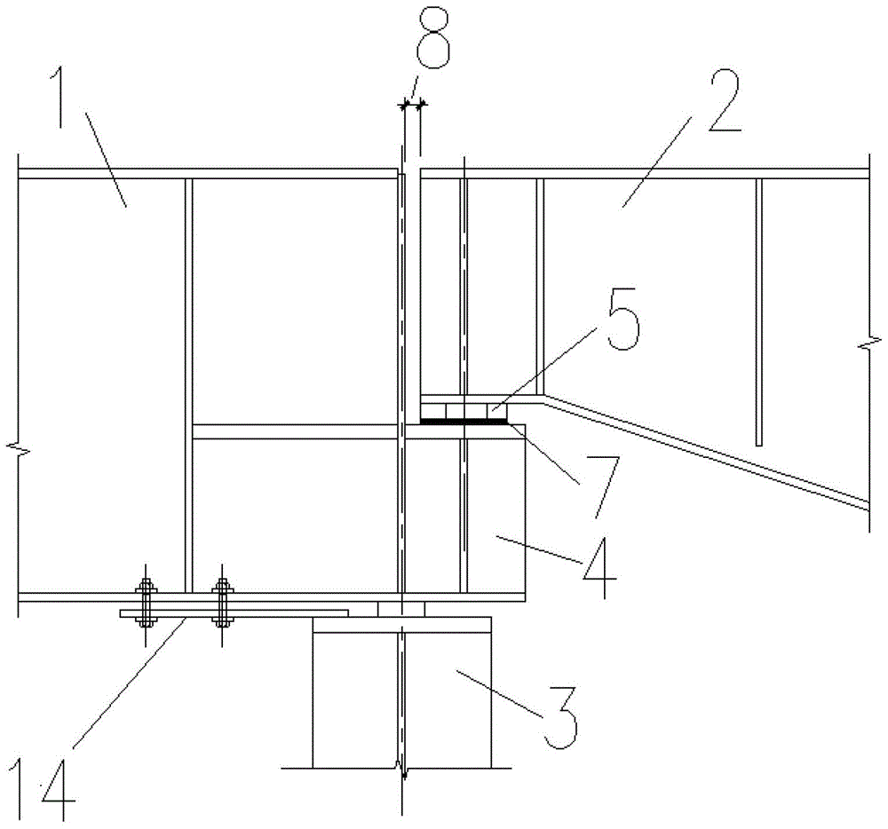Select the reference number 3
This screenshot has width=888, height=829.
560,717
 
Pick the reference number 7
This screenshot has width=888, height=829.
604,486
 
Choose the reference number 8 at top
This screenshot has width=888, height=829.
434,37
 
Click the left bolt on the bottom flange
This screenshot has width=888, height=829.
146,604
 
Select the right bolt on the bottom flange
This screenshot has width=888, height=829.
222,604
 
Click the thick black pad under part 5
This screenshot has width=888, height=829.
464,421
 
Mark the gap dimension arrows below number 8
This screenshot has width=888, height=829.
412,104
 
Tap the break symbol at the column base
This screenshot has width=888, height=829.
402,770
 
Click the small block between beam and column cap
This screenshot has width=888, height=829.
401,610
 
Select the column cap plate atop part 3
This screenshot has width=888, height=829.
402,624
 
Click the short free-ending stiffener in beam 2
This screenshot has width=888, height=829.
759,312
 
